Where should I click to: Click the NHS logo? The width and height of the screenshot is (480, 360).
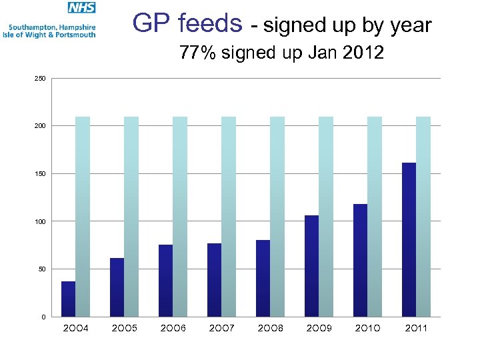pyautogui.click(x=81, y=8)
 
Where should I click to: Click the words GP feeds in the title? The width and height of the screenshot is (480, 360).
pyautogui.click(x=187, y=23)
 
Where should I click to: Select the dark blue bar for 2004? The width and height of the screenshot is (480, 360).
pyautogui.click(x=68, y=299)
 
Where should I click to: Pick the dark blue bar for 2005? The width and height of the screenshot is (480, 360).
pyautogui.click(x=117, y=287)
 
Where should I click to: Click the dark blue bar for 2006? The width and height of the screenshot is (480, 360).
pyautogui.click(x=165, y=281)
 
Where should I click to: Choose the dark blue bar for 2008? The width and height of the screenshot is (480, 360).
pyautogui.click(x=263, y=279)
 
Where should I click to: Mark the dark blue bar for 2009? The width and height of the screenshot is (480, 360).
pyautogui.click(x=311, y=266)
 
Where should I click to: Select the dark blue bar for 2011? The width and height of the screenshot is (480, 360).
pyautogui.click(x=409, y=239)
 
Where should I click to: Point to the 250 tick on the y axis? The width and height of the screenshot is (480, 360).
pyautogui.click(x=40, y=79)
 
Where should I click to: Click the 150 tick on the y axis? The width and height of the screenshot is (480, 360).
pyautogui.click(x=40, y=174)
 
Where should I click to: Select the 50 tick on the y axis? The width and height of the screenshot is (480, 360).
pyautogui.click(x=41, y=269)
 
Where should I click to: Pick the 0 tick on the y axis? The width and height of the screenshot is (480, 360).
pyautogui.click(x=43, y=317)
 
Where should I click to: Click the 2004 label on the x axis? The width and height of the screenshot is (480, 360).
pyautogui.click(x=75, y=329)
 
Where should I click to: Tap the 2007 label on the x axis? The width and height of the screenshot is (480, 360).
pyautogui.click(x=221, y=329)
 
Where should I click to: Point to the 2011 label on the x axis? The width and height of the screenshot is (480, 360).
pyautogui.click(x=416, y=329)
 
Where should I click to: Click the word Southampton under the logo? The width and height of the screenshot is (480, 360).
pyautogui.click(x=31, y=27)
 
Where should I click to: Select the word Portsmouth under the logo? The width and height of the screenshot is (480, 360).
pyautogui.click(x=75, y=35)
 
